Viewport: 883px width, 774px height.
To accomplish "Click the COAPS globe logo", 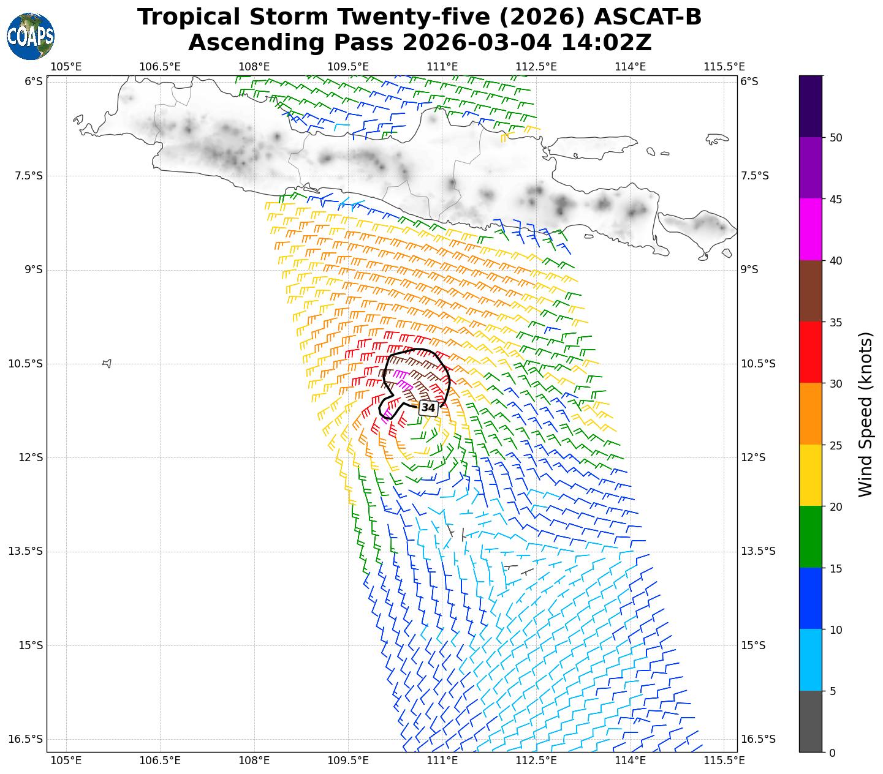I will (31, 36).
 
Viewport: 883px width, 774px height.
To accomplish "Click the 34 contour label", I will (428, 408).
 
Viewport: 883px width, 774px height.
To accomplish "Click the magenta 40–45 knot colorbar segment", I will (811, 229).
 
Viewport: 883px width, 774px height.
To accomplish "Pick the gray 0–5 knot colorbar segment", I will (811, 721).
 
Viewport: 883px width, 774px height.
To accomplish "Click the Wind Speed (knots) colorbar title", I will (865, 414).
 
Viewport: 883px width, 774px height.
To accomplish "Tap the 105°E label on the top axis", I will (66, 66).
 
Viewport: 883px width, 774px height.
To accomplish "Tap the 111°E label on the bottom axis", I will (442, 761).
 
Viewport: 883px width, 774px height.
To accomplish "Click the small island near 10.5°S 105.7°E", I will (107, 363).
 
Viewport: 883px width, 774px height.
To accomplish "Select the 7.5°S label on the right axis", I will (754, 176).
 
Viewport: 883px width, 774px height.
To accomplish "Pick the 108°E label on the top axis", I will (254, 66).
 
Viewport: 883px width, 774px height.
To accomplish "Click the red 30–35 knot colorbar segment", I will (811, 352).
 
